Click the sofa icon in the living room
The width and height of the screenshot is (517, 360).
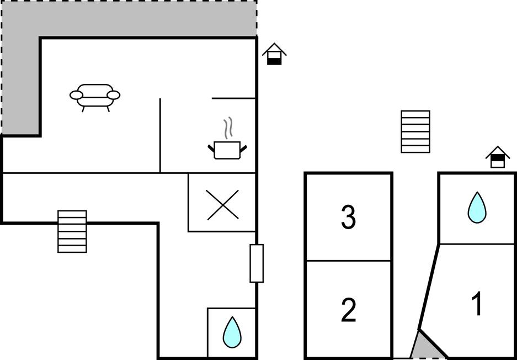pos(95,97)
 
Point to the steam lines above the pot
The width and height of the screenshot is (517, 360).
pos(228,128)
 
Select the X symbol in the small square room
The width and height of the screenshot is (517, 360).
pos(222,205)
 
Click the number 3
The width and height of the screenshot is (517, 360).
pos(349,217)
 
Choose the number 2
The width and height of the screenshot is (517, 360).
pos(349,310)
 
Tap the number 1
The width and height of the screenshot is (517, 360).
pos(477,304)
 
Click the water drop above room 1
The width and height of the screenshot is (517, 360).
pos(477,207)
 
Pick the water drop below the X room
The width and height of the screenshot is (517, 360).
pos(232,332)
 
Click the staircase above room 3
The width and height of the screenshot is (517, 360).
pos(415,131)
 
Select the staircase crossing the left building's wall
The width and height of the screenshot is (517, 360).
pos(72,231)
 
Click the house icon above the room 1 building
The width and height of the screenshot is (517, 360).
pos(498,157)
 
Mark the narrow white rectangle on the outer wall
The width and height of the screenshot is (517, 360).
pos(257,263)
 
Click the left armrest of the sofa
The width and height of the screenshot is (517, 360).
pos(76,95)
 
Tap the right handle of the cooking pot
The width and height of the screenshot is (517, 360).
pos(243,149)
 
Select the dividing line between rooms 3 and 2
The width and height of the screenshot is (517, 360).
pos(349,261)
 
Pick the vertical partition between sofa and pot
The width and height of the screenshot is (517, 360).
pos(160,135)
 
